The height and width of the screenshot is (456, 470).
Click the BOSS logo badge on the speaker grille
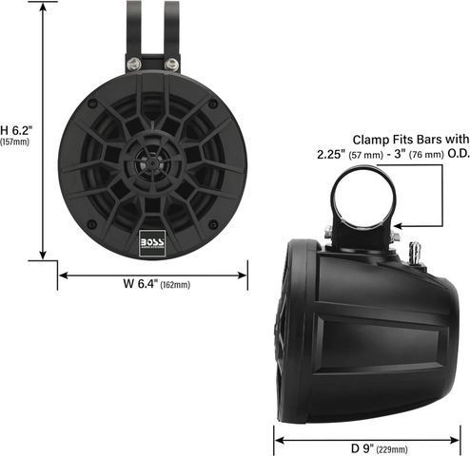pyautogui.click(x=152, y=243)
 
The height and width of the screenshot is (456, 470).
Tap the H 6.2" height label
pyautogui.click(x=16, y=130)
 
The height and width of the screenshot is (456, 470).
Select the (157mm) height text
pyautogui.click(x=14, y=142)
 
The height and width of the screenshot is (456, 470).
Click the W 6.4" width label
pyautogui.click(x=140, y=283)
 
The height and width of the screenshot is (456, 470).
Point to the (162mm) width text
pyautogui.click(x=175, y=285)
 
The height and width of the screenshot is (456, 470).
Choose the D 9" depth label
pyautogui.click(x=362, y=448)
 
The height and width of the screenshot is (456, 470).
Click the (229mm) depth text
pyautogui.click(x=392, y=449)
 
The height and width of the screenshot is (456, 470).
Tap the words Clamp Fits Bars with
pyautogui.click(x=411, y=140)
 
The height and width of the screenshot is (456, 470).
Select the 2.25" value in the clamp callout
pyautogui.click(x=331, y=154)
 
